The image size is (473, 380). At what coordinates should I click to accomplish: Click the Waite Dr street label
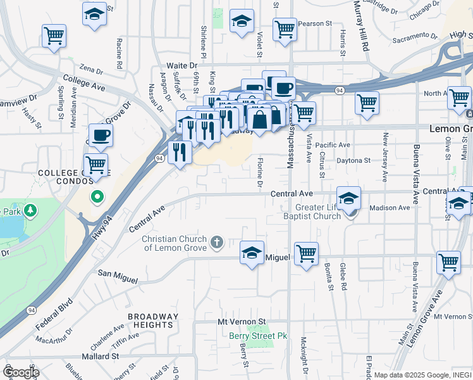[x=181, y=65]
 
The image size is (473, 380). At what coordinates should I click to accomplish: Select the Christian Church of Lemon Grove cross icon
[x=217, y=241]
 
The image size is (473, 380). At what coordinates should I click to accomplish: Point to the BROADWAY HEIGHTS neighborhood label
[x=150, y=320]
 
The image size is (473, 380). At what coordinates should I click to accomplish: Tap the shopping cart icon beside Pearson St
[x=285, y=29]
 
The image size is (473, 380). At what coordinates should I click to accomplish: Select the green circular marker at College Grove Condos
[x=97, y=197]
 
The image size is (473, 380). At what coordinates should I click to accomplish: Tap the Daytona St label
[x=353, y=161]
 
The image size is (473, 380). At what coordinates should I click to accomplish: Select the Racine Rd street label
[x=118, y=53]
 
